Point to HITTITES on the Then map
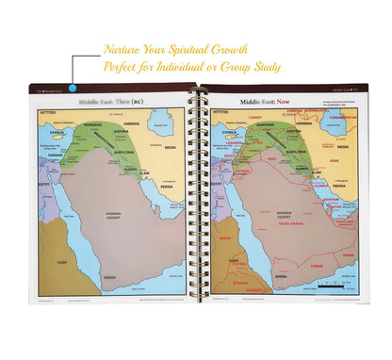pos(50,112)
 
